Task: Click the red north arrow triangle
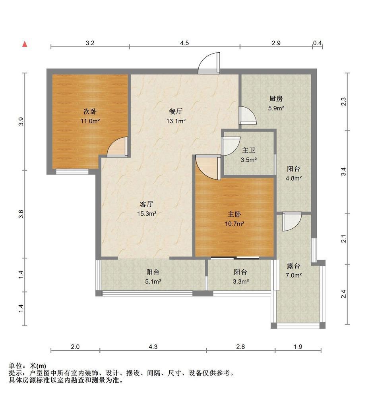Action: coord(25,44)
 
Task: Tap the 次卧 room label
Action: coord(90,112)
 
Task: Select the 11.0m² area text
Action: coord(90,121)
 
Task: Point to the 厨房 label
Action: coord(276,98)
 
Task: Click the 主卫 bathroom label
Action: coord(248,150)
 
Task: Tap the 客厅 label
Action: coord(147,204)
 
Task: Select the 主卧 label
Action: coord(234,214)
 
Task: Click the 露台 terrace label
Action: coord(293,266)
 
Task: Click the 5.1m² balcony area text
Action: coord(153,281)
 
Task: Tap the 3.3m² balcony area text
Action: coord(240,281)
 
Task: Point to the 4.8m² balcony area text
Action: coord(294,178)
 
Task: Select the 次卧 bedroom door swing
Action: coord(118,147)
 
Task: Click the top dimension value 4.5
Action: coord(184,43)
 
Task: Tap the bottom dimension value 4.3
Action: coord(153,347)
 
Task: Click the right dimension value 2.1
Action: coord(344,239)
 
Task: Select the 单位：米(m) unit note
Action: coord(27,366)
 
